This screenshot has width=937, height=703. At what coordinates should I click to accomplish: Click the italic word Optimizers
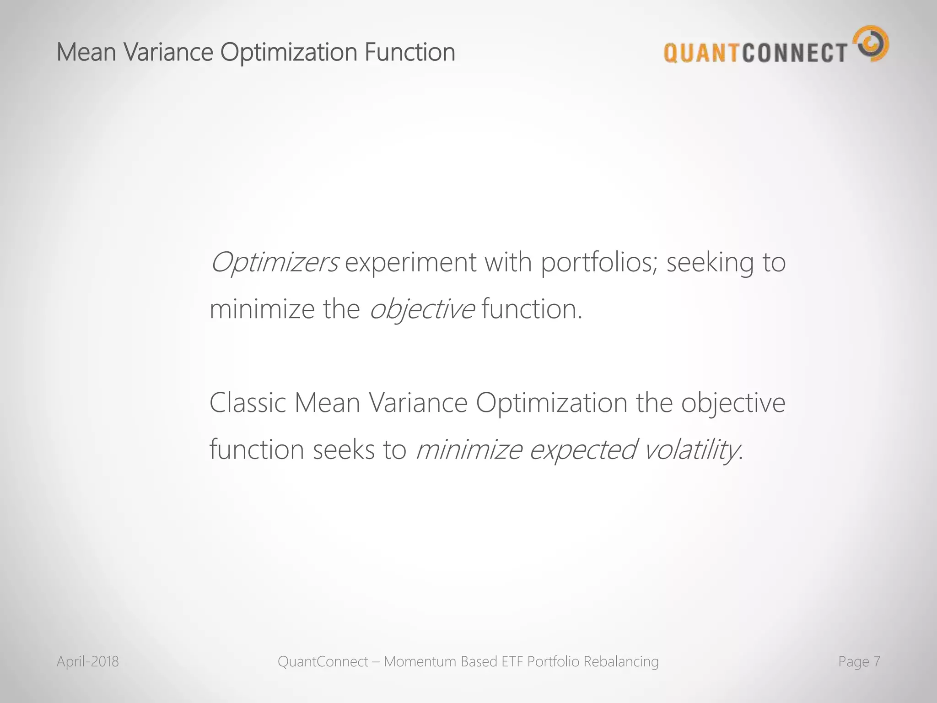click(274, 263)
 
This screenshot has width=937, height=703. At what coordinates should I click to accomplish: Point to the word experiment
click(410, 263)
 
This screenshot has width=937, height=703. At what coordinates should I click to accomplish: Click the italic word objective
click(421, 310)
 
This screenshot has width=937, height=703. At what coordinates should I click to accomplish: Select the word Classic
click(248, 403)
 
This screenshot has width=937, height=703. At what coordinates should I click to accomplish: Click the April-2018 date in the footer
click(87, 661)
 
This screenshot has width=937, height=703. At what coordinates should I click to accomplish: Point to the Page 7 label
click(859, 661)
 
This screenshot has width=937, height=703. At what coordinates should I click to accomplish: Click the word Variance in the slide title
click(168, 52)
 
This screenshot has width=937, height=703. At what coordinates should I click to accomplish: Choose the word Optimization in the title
click(288, 52)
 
